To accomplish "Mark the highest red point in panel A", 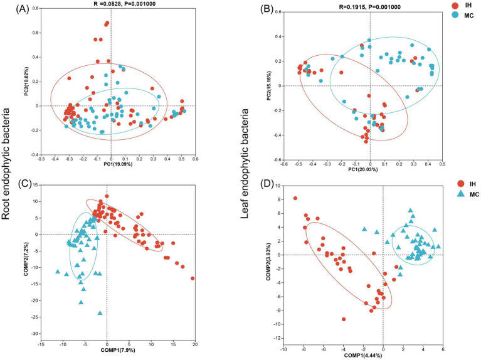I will (107, 23).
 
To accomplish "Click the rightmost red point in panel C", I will (193, 278).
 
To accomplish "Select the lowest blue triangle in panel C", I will (100, 313).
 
